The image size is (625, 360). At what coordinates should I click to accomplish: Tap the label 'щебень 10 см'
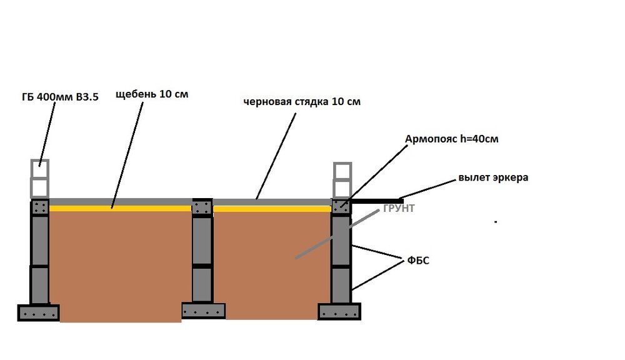[152, 95]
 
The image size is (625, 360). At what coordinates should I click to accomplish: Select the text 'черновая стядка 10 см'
[302, 102]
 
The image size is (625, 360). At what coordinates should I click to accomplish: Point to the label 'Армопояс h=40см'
[452, 139]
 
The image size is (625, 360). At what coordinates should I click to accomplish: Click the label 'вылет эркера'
[493, 177]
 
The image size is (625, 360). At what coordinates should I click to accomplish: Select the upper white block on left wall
[39, 168]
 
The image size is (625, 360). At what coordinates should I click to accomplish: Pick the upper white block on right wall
[342, 171]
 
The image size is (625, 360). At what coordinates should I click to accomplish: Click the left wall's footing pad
[39, 312]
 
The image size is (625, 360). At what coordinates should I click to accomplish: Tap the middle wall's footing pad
[202, 310]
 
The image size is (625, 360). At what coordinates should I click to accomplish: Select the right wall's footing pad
[340, 311]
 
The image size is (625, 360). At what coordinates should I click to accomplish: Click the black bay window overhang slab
[375, 201]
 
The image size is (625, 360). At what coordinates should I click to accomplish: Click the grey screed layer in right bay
[272, 202]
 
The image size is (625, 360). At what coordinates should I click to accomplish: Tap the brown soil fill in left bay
[119, 262]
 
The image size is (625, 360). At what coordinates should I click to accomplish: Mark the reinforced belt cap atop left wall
[40, 207]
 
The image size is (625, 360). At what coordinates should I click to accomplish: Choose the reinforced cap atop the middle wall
[202, 207]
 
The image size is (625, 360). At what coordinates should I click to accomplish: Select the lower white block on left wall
[39, 187]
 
